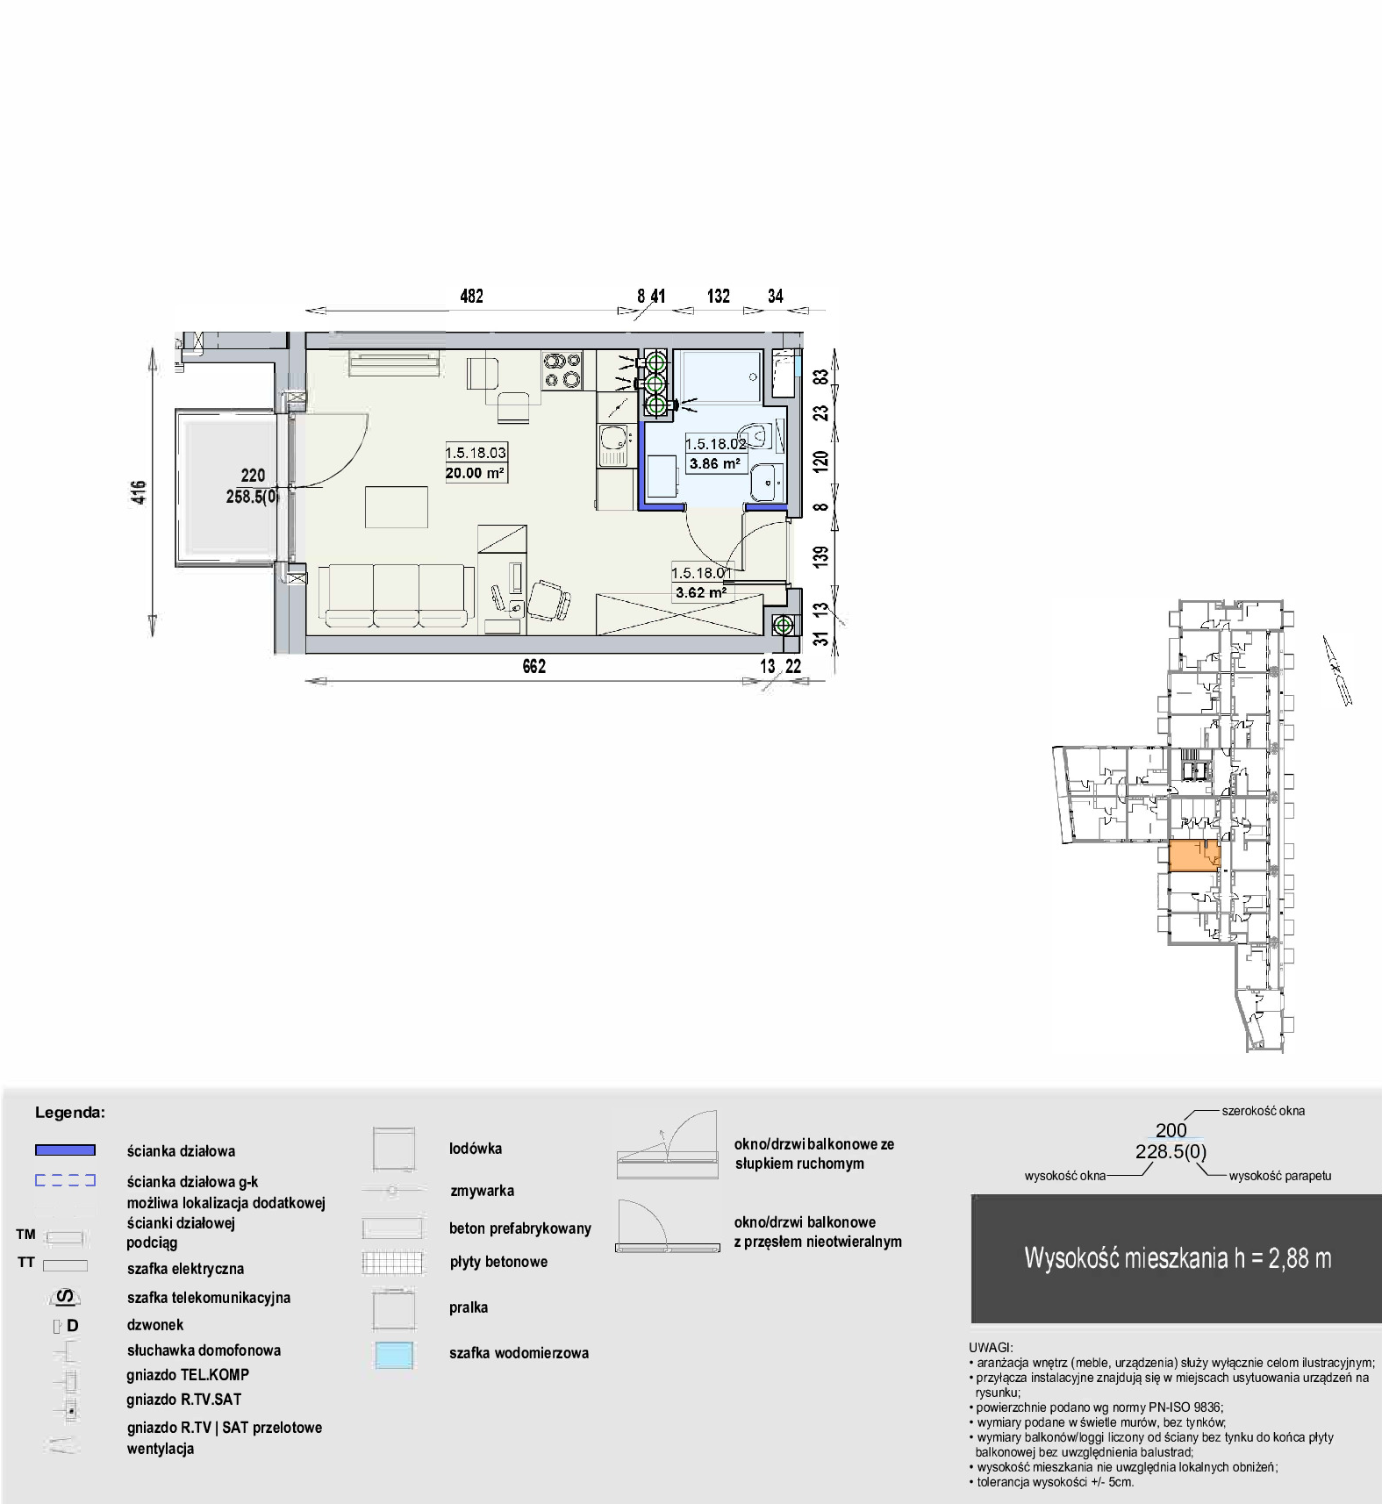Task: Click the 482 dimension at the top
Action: click(x=471, y=297)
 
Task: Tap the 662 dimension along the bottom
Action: click(x=533, y=667)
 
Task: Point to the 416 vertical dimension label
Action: click(x=140, y=492)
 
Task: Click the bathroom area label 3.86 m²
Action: click(x=714, y=464)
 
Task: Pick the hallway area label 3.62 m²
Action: click(x=700, y=592)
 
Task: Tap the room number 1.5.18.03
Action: click(x=476, y=453)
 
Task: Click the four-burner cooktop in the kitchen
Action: click(x=562, y=369)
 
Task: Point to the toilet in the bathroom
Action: click(x=753, y=433)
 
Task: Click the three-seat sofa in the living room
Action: click(x=396, y=597)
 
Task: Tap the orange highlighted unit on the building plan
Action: click(x=1194, y=856)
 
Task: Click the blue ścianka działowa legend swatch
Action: click(x=65, y=1150)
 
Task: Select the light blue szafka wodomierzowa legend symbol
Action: click(x=393, y=1355)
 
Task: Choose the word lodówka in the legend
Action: click(x=476, y=1149)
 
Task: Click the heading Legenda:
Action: click(x=70, y=1113)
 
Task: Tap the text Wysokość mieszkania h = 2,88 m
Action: click(x=1178, y=1258)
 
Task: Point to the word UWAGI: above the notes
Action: click(x=991, y=1347)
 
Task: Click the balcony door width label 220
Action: click(x=253, y=476)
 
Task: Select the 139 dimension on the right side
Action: click(x=821, y=556)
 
